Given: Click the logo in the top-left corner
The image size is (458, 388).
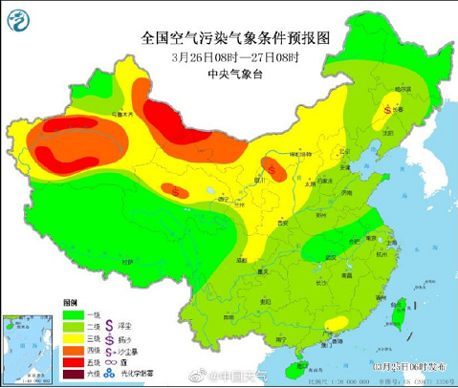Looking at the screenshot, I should tap(18, 16).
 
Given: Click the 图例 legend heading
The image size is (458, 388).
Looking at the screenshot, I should tap(70, 299).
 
